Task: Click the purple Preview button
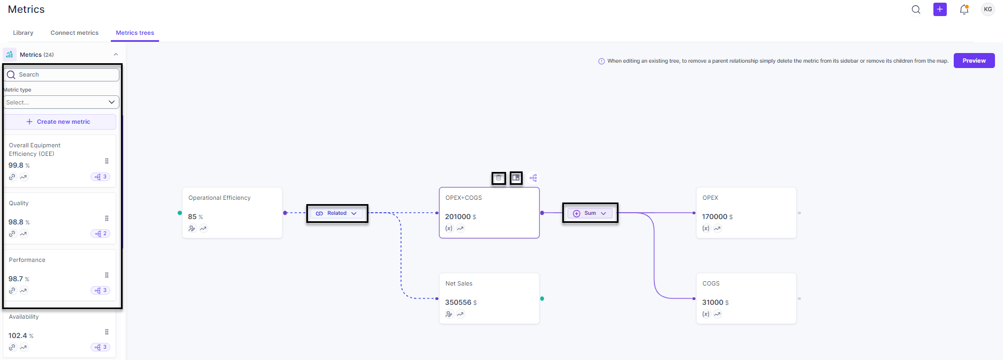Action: click(974, 61)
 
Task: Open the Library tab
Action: click(23, 33)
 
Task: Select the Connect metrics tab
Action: click(74, 33)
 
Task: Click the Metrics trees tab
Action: click(135, 33)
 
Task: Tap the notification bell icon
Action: click(964, 9)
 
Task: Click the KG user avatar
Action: click(988, 9)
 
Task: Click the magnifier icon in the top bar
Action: click(916, 9)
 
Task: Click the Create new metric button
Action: click(60, 122)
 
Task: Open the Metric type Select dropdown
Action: click(61, 102)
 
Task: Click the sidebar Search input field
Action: click(62, 74)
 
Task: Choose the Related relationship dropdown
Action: click(337, 213)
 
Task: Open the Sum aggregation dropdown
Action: click(590, 213)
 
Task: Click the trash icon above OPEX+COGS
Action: click(499, 178)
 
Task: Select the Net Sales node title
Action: click(459, 283)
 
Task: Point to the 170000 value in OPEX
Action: click(714, 216)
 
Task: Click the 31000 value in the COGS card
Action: click(713, 302)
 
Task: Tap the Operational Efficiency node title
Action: click(220, 198)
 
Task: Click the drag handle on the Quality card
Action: click(107, 218)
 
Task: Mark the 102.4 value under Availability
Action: click(18, 335)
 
